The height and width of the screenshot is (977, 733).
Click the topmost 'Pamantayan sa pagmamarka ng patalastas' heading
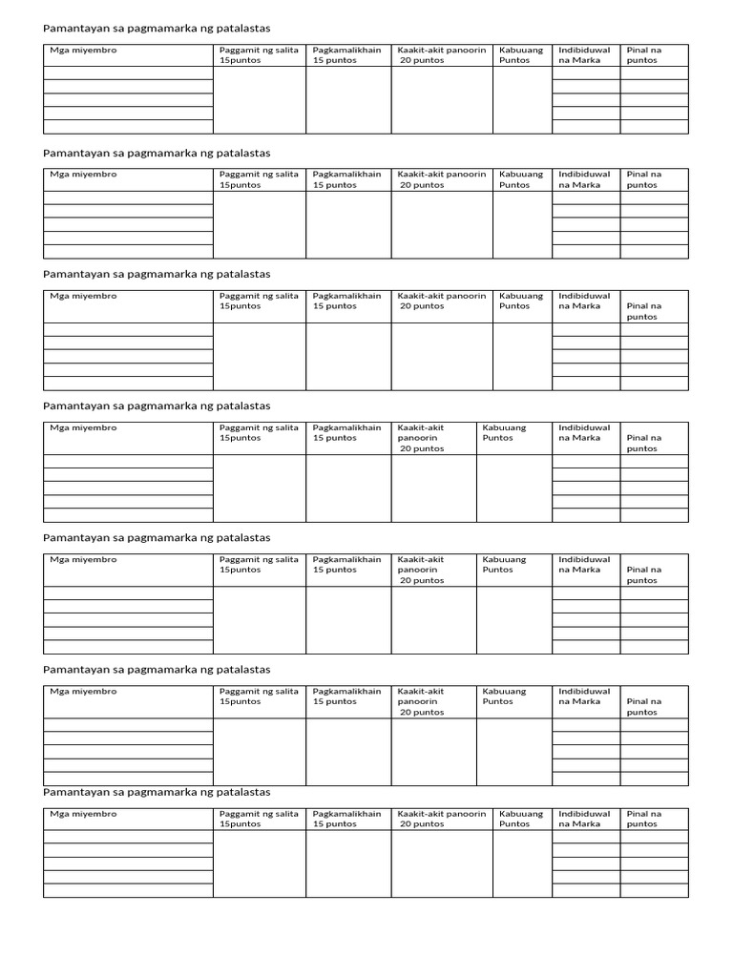(x=157, y=29)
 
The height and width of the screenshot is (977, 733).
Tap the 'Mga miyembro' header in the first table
(x=84, y=51)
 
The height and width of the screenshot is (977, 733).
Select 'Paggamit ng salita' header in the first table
(x=259, y=55)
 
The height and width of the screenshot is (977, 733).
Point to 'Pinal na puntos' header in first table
(x=644, y=55)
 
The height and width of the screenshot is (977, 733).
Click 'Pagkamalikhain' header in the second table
(x=346, y=179)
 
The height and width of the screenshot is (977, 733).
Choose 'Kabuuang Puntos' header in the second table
(x=521, y=179)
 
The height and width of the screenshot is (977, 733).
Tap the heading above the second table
(x=157, y=153)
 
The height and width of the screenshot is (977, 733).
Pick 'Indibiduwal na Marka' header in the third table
(x=584, y=301)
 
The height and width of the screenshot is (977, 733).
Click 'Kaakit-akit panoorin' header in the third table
(x=441, y=301)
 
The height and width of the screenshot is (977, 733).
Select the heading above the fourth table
(x=157, y=405)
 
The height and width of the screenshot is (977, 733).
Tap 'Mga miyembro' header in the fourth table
(x=84, y=428)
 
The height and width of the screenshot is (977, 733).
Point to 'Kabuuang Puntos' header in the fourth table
(x=505, y=433)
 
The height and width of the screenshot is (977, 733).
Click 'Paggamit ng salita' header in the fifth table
(x=259, y=565)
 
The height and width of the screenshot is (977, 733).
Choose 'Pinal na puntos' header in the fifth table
(x=642, y=574)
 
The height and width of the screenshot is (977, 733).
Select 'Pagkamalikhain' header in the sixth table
(x=346, y=696)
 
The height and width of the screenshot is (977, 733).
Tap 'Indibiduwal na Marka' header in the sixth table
(x=584, y=696)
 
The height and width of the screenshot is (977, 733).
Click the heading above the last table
(x=157, y=792)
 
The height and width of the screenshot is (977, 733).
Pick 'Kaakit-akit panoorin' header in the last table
(x=441, y=819)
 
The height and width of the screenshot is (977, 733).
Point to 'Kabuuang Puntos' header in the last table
(x=521, y=819)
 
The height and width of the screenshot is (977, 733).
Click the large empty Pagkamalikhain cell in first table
(x=348, y=99)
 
